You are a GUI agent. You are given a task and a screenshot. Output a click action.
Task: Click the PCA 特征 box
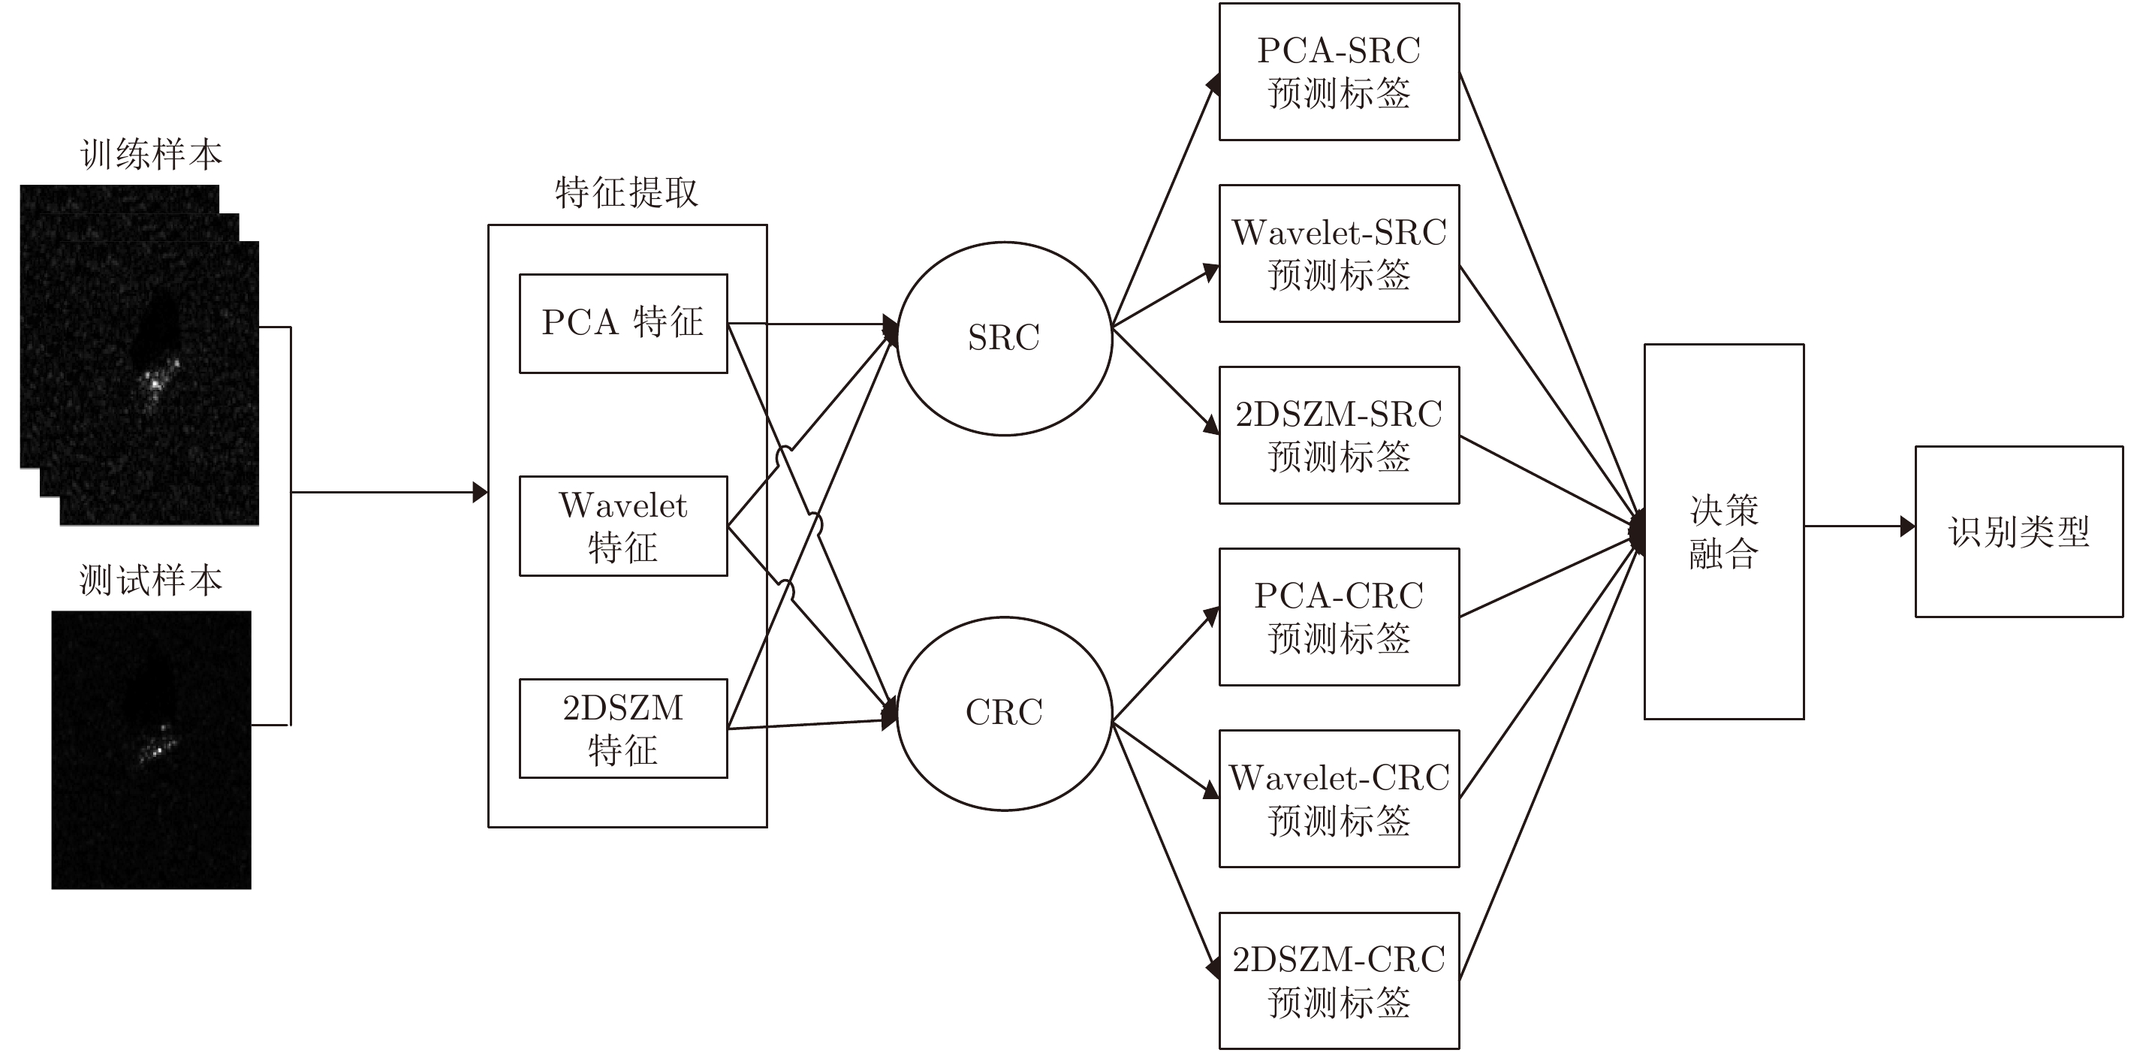(623, 323)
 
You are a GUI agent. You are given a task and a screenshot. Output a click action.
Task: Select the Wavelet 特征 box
(623, 525)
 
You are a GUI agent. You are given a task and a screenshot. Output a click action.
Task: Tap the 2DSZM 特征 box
(623, 729)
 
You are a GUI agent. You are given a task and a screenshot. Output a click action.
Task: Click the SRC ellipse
(1004, 338)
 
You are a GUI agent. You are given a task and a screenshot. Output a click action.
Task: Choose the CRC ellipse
(1004, 713)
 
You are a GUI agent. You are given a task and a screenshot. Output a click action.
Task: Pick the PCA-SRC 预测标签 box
(1339, 71)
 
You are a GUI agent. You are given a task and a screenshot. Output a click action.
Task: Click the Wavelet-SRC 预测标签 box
(1339, 253)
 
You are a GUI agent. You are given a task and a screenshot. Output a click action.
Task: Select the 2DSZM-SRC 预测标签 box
(1339, 435)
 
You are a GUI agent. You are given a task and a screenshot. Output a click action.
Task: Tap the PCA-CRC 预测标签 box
(1339, 617)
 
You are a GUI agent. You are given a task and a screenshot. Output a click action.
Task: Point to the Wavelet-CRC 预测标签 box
(1339, 798)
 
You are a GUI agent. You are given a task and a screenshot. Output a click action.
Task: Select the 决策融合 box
(1724, 531)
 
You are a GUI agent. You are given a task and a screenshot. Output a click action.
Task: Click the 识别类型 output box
(2019, 531)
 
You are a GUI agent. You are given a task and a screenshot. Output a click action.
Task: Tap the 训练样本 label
(152, 155)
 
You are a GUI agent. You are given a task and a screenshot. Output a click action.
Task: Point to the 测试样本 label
(152, 579)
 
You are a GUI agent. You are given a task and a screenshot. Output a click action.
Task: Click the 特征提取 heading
(626, 192)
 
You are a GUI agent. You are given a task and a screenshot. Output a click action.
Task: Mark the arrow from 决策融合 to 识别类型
(1858, 526)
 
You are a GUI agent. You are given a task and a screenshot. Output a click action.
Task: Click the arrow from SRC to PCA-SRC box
(1165, 200)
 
